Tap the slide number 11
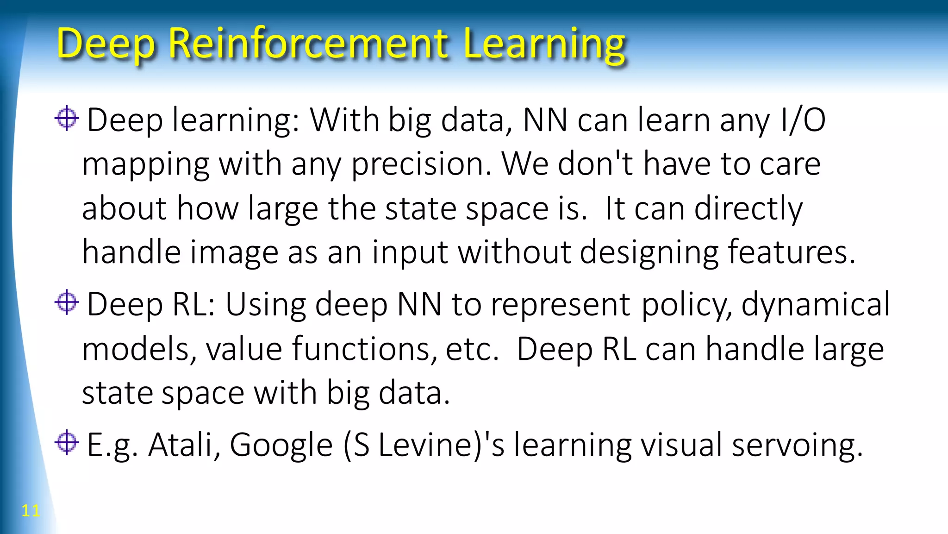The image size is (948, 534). click(x=31, y=510)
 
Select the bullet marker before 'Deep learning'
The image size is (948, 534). click(x=67, y=119)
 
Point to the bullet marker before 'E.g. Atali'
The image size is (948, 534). click(x=67, y=443)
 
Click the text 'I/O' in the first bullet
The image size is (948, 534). click(x=803, y=120)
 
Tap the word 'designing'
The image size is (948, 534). click(x=649, y=253)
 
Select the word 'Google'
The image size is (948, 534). click(x=281, y=446)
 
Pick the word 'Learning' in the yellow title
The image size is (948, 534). click(x=544, y=44)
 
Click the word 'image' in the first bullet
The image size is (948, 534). click(x=234, y=253)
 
